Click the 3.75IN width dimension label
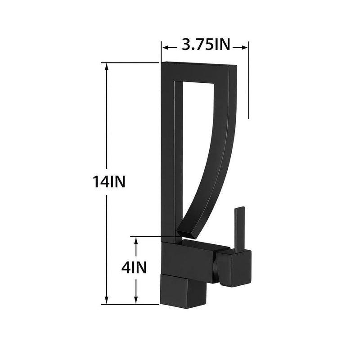pos(205,45)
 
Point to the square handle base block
pos(233,268)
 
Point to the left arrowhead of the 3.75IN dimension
pos(165,46)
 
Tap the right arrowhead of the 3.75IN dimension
pos(246,46)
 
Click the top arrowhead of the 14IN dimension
pos(107,66)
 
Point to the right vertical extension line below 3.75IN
pos(248,90)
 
